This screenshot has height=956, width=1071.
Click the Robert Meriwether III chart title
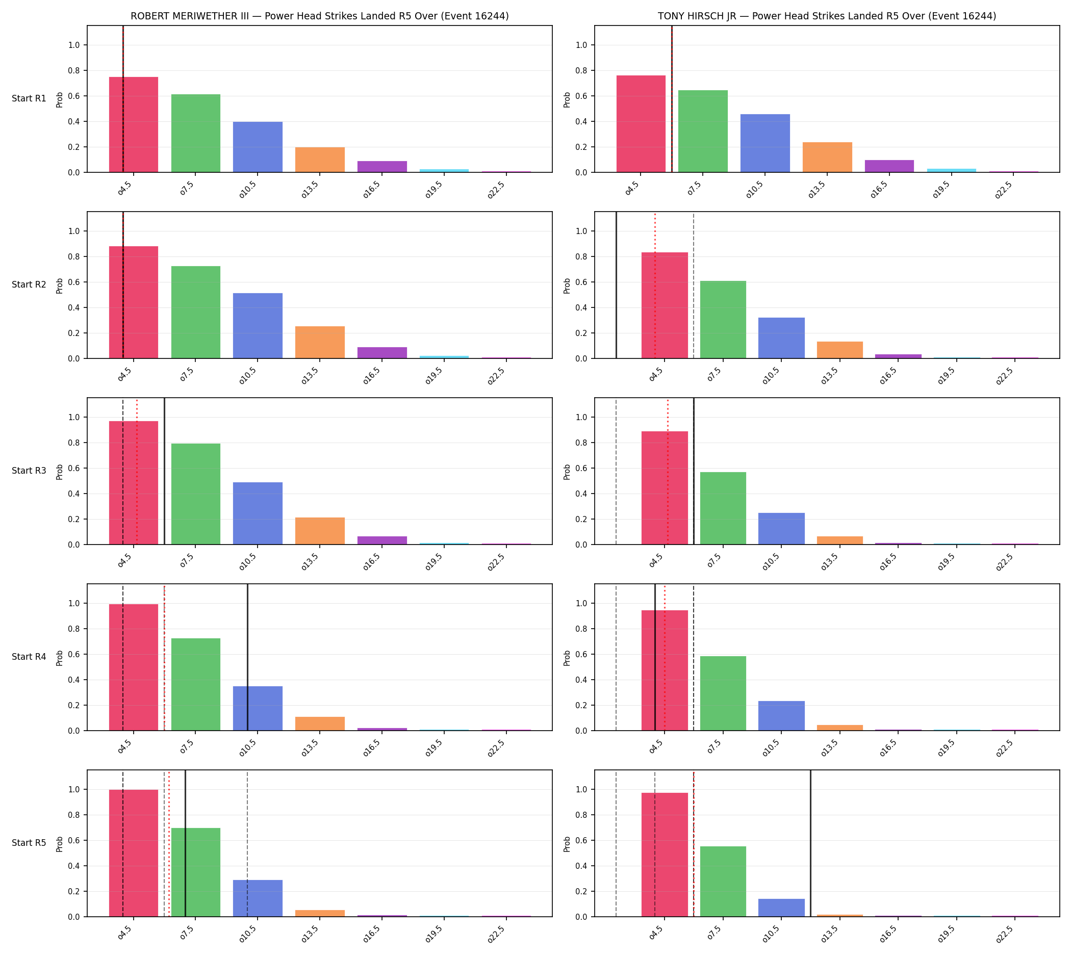pyautogui.click(x=319, y=16)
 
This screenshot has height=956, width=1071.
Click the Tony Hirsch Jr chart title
pyautogui.click(x=827, y=16)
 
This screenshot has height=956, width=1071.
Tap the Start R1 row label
pyautogui.click(x=29, y=99)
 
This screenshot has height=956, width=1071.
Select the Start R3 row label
pyautogui.click(x=29, y=471)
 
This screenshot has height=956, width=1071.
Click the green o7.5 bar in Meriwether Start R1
pyautogui.click(x=195, y=134)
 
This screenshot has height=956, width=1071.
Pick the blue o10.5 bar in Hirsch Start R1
pyautogui.click(x=764, y=143)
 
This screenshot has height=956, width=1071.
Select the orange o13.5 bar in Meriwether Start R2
pyautogui.click(x=319, y=343)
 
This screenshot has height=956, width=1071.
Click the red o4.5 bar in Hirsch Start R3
pyautogui.click(x=664, y=488)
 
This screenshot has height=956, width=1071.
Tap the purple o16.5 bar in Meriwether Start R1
pyautogui.click(x=381, y=167)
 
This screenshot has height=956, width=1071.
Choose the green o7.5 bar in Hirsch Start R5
pyautogui.click(x=723, y=882)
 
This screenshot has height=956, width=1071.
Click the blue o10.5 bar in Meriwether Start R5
pyautogui.click(x=258, y=898)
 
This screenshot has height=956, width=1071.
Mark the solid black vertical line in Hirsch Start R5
pyautogui.click(x=810, y=843)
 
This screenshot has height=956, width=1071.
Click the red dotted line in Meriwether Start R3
pyautogui.click(x=137, y=471)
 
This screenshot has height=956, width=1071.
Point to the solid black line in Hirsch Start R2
pyautogui.click(x=616, y=285)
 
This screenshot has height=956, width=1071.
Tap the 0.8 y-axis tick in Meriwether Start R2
pyautogui.click(x=74, y=257)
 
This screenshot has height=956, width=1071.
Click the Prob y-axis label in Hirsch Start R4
pyautogui.click(x=567, y=658)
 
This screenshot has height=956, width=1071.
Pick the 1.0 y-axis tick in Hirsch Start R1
pyautogui.click(x=581, y=45)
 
